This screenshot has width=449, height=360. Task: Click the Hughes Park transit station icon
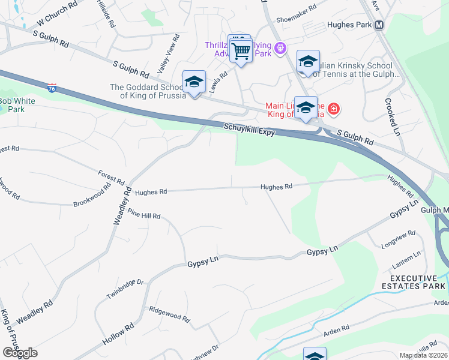point(379,25)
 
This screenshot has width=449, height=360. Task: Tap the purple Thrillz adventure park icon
point(279,49)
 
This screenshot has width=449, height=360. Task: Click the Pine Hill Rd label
point(143,215)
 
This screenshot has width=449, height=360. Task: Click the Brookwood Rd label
point(92,195)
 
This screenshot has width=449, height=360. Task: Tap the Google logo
point(19,352)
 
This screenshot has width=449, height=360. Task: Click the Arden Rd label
point(337,329)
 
